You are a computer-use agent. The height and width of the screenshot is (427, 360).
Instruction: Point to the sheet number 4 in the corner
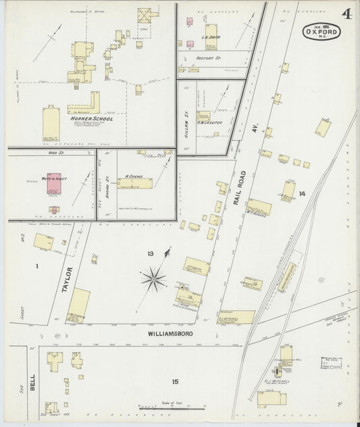346,14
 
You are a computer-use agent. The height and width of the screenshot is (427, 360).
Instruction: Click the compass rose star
154,277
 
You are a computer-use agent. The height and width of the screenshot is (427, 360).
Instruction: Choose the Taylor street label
67,278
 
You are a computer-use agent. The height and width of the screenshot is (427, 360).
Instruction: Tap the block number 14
302,194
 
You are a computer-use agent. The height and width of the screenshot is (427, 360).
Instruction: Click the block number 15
175,382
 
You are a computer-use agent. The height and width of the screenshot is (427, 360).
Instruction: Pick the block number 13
151,253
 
